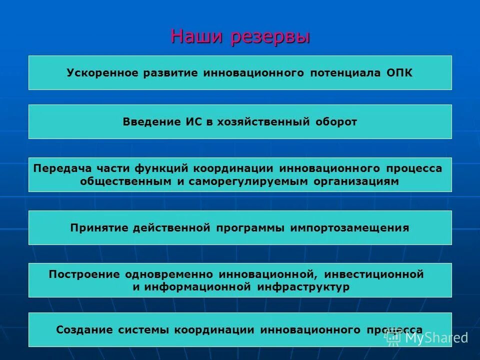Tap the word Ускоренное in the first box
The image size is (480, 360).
point(102,73)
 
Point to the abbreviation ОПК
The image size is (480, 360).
point(400,73)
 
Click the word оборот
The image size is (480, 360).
point(336,122)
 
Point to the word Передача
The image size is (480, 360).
point(58,168)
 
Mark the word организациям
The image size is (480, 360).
point(356,181)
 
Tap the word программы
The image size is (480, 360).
point(248,228)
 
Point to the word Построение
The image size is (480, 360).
point(84,274)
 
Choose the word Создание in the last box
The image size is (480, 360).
point(84,330)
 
